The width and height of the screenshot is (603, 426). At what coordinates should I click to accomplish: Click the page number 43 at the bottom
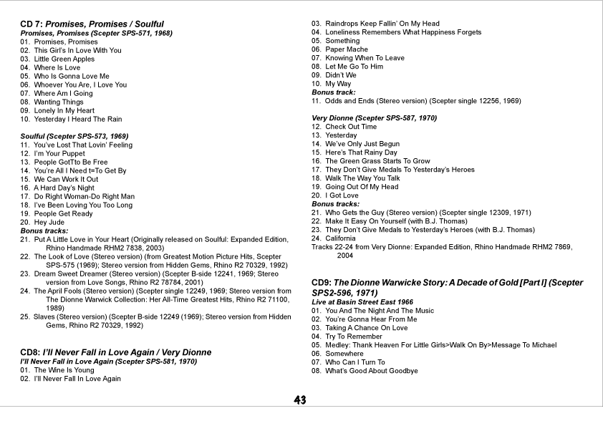point(300,400)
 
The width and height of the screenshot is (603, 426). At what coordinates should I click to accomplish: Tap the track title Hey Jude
point(50,222)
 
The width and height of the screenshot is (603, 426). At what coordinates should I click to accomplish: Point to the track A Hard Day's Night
point(64,188)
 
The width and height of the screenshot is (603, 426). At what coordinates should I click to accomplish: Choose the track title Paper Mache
point(347,49)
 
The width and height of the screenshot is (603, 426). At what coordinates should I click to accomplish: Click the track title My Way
point(338,84)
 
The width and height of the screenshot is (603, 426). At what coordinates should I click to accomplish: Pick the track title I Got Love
point(342,195)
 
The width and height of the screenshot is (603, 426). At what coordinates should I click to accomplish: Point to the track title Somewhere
point(344,354)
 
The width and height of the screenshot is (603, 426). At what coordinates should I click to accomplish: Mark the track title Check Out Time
point(350,127)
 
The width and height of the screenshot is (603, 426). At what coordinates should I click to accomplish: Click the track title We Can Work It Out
point(66,179)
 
